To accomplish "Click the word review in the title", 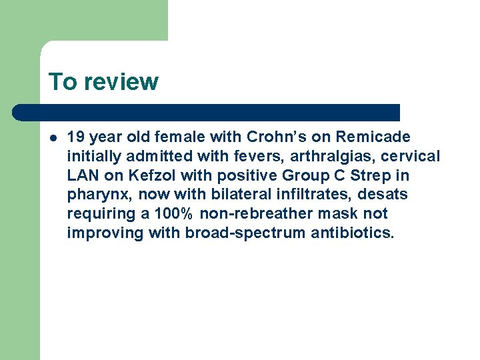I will [121, 82].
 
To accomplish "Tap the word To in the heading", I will [63, 81].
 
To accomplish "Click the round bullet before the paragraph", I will [53, 137].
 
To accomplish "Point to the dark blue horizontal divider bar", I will [207, 113].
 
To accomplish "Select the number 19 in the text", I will [75, 137].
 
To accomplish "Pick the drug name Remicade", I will [373, 137].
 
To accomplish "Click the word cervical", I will [413, 156].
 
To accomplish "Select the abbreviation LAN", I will [81, 175].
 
